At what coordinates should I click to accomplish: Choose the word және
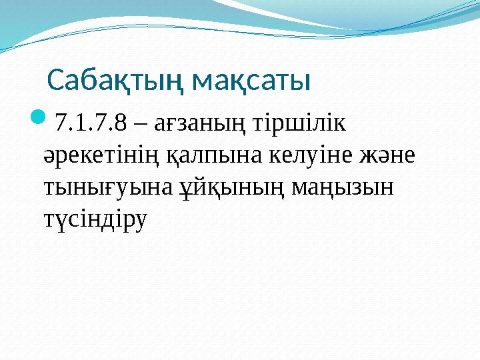387,156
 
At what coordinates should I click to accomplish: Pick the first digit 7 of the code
61,124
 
